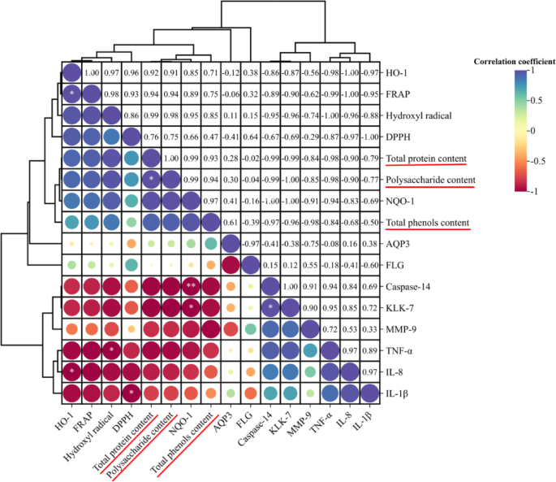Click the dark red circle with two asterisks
point(191,285)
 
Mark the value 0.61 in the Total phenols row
point(231,221)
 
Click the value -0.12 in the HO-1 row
point(231,72)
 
